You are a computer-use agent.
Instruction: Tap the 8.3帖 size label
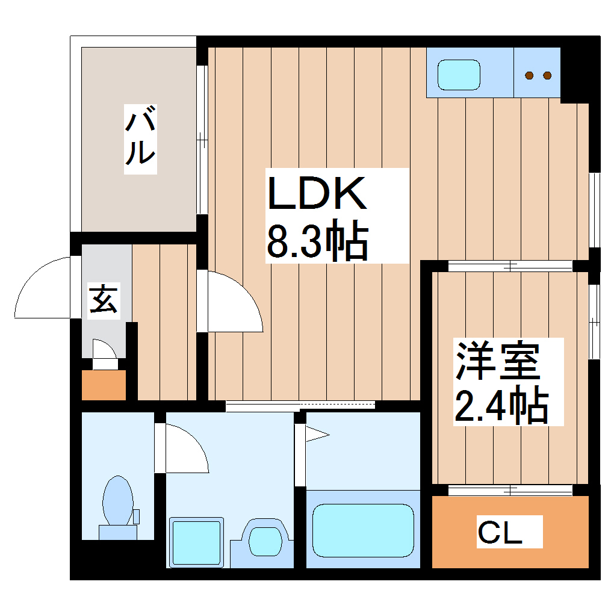click(317, 242)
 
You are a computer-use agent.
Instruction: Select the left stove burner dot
click(530, 75)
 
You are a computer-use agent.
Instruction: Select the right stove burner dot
click(547, 75)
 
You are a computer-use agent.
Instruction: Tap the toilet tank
click(117, 532)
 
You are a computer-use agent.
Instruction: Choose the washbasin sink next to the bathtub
click(262, 538)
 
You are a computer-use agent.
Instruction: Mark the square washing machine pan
click(196, 541)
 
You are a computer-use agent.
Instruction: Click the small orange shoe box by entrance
click(104, 385)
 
